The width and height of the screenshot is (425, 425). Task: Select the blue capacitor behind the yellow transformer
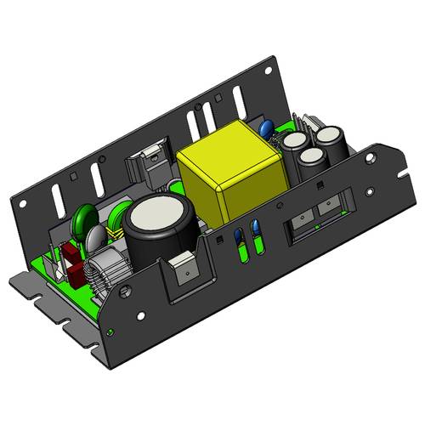[266, 129]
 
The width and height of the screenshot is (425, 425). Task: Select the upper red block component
[67, 254]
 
